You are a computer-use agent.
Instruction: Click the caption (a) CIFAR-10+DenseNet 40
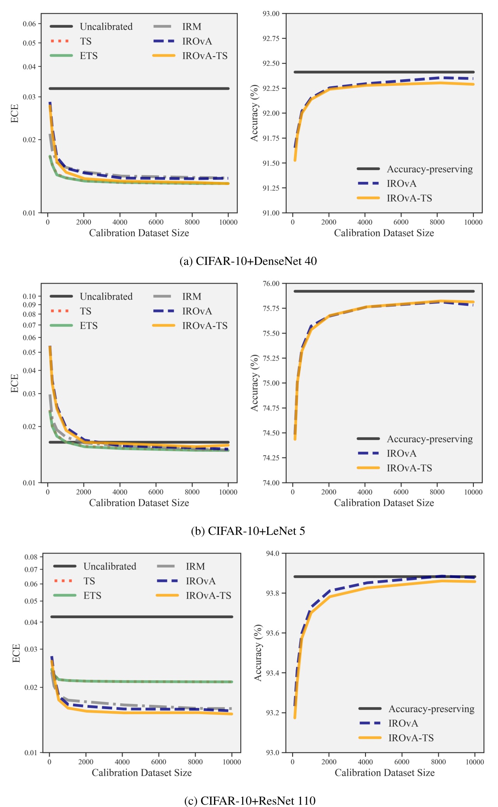point(248,261)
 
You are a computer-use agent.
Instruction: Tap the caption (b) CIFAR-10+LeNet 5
point(248,531)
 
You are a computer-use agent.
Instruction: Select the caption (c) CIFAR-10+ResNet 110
point(250,801)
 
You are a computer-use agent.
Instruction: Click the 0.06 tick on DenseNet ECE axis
point(29,24)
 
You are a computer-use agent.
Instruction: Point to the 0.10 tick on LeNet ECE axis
point(29,296)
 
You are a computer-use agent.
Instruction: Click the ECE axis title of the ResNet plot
point(16,653)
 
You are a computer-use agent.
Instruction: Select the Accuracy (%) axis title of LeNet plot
point(255,383)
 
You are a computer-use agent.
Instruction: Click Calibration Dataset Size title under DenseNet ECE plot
point(139,233)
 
